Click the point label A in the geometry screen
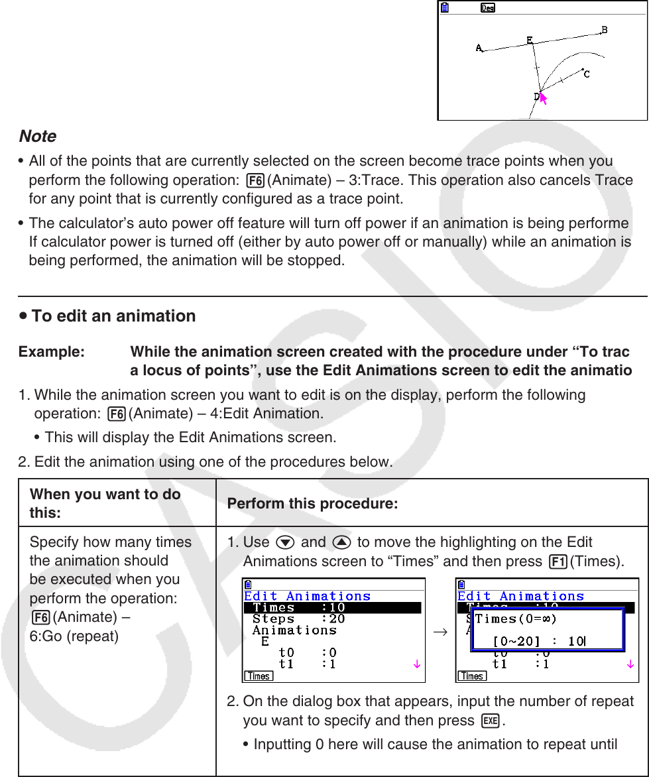coord(479,48)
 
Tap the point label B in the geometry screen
coord(604,30)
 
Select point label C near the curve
coord(587,74)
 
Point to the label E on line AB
coord(530,40)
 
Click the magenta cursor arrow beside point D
coord(544,99)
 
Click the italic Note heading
coord(37,137)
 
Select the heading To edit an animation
coord(113,316)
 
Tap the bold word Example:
coord(52,351)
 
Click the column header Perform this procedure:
coord(312,505)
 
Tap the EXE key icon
coord(491,721)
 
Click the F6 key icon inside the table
coord(40,617)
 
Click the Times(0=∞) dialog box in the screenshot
coord(546,630)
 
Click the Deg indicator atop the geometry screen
coord(488,8)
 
